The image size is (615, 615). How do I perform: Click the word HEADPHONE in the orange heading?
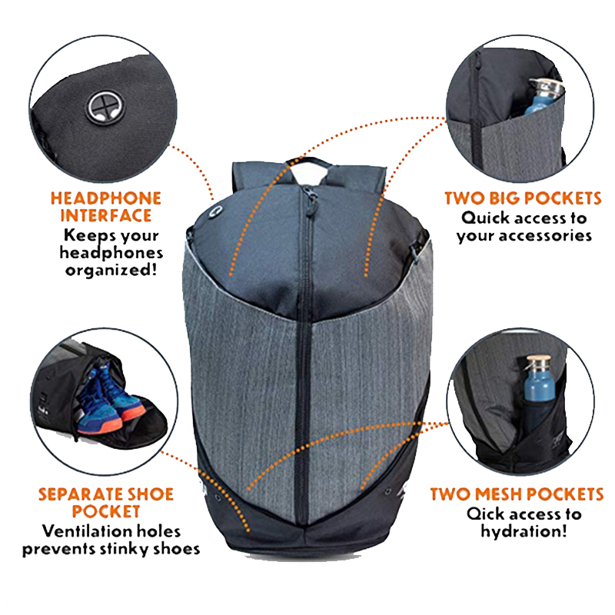click(x=106, y=198)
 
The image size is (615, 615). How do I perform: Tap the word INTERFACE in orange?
click(x=106, y=216)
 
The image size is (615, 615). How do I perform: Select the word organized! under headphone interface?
click(x=111, y=271)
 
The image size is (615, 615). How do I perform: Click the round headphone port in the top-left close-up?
click(x=106, y=107)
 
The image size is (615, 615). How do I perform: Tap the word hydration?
click(x=524, y=532)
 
